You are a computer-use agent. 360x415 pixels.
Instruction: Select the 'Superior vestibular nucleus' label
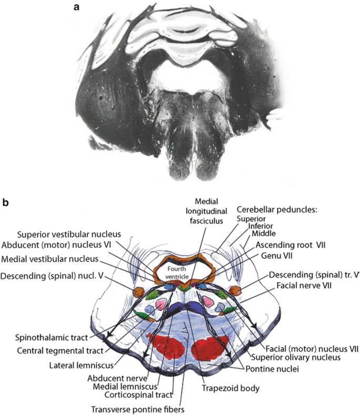point(69,234)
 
